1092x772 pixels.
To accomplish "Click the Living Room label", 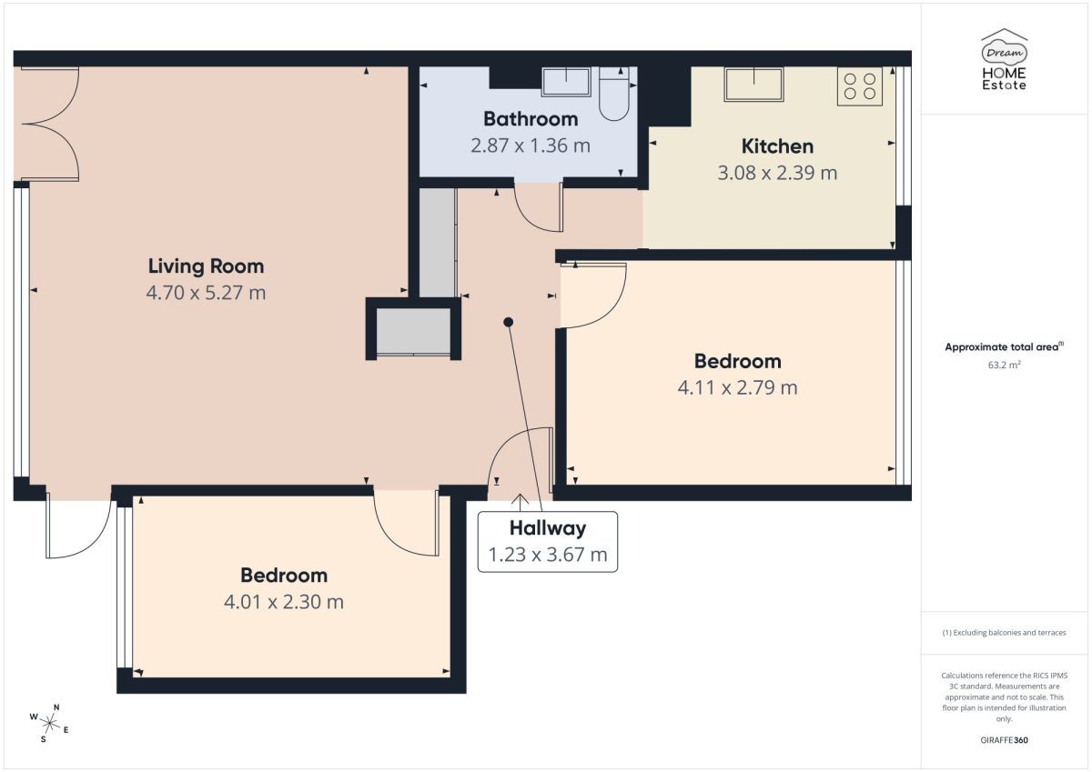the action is click(206, 266).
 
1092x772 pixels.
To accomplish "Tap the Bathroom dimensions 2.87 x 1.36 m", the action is click(531, 145).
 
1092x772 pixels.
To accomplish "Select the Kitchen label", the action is click(777, 146).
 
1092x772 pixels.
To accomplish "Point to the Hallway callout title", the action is click(548, 528).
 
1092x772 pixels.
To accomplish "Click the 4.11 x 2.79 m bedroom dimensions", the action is click(738, 387).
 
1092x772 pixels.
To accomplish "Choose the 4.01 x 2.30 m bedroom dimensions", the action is click(284, 602).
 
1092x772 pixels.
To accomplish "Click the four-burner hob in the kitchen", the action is click(859, 86).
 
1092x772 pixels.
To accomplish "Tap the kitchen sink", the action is click(753, 85).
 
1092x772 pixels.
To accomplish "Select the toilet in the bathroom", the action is click(613, 94).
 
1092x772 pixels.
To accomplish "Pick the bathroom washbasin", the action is click(566, 82).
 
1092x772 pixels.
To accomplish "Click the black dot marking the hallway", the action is click(508, 322).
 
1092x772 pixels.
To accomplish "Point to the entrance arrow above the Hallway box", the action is click(521, 503).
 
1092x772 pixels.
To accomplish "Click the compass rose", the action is click(49, 723).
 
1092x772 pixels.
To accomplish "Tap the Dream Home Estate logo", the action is click(1004, 59).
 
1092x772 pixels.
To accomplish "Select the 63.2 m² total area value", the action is click(1004, 365).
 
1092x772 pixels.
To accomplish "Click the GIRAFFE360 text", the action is click(1004, 740).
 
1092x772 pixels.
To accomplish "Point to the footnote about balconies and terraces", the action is click(1004, 633).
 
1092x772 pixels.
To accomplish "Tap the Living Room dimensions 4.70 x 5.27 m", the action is click(206, 293).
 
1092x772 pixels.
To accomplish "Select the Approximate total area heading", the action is click(1004, 346).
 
